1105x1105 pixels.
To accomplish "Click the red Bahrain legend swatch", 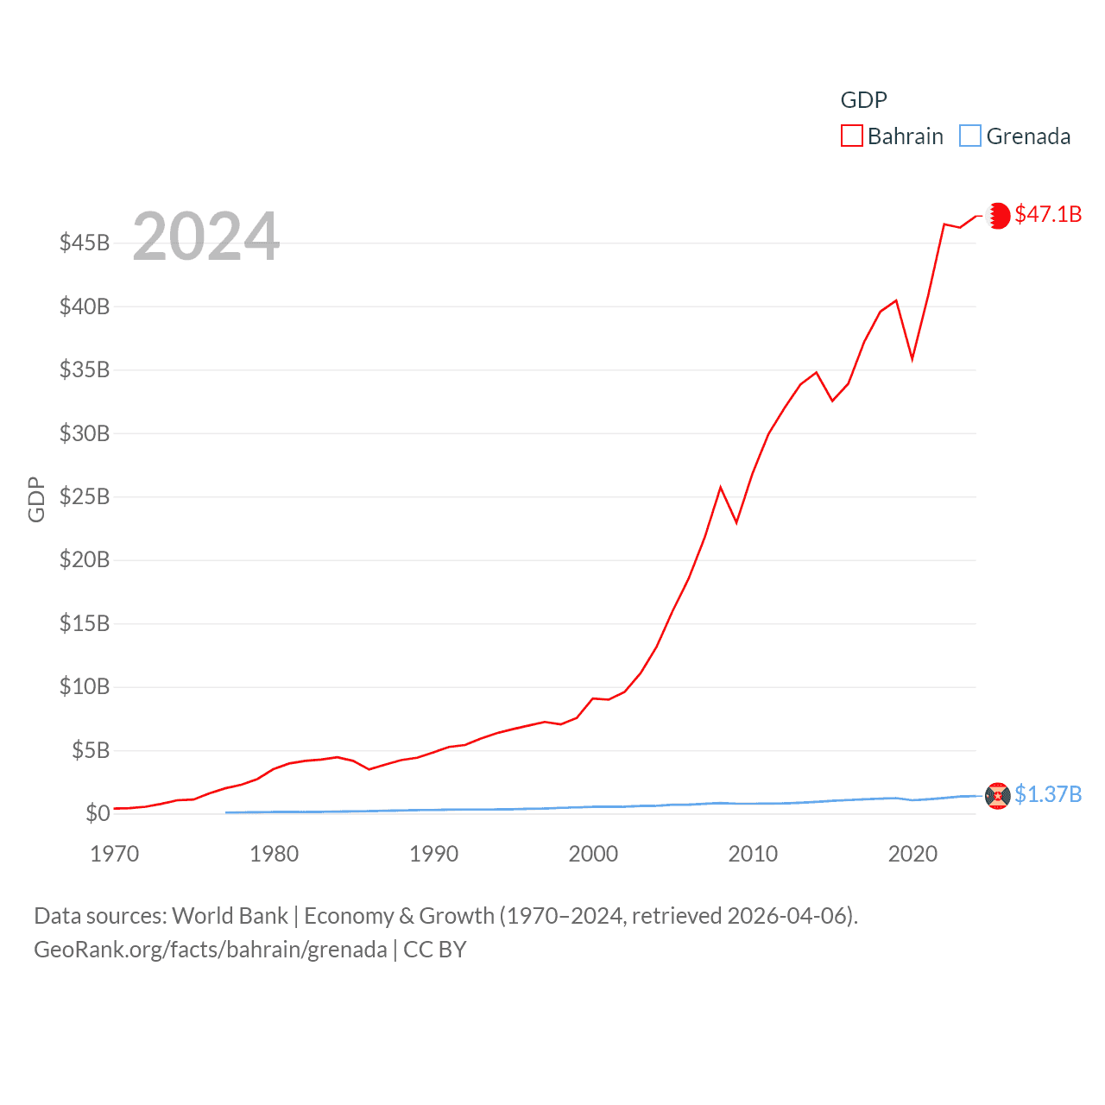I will [851, 136].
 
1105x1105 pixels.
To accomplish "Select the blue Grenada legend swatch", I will [970, 136].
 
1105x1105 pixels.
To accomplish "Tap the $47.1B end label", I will [1048, 214].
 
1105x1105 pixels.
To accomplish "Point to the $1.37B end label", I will [1048, 794].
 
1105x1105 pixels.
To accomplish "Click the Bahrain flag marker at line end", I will [998, 215].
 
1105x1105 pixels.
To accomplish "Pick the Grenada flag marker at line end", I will [998, 795].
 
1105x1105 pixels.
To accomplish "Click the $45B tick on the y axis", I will [85, 243].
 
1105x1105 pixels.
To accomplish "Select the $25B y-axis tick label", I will [85, 496].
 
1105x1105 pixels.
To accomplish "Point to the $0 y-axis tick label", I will [98, 813].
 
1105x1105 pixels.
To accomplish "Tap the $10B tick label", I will [85, 686].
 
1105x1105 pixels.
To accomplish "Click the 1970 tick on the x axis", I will [115, 854].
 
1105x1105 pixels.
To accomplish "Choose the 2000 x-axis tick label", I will [593, 854].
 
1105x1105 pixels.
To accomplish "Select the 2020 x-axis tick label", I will [912, 854].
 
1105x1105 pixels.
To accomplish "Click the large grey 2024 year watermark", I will [206, 236].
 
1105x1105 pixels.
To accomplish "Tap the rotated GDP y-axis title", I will [36, 499].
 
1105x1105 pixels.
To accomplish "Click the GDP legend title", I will [863, 100].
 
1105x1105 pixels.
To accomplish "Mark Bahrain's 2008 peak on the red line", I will [721, 488].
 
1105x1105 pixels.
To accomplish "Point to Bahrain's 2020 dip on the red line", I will [912, 358].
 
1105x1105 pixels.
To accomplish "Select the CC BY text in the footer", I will [435, 950].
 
